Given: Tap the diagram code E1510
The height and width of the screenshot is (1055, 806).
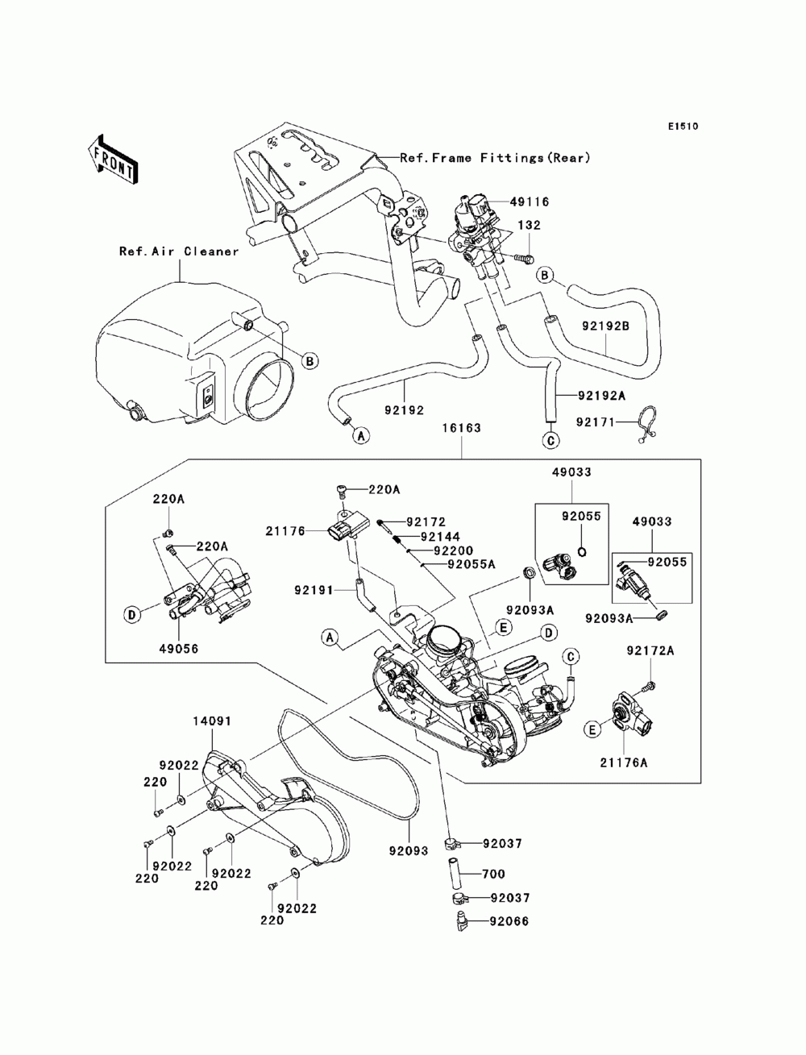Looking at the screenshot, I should (681, 127).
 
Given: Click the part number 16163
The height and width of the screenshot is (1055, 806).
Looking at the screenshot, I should (461, 429).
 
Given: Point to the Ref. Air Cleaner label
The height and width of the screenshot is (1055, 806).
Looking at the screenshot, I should (179, 251).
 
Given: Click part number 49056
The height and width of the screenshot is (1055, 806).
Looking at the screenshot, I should (179, 648).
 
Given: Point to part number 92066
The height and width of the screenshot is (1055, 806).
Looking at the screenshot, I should (506, 920).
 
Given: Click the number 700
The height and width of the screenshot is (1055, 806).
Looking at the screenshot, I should (492, 874).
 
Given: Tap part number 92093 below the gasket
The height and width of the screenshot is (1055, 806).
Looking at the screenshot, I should (408, 849).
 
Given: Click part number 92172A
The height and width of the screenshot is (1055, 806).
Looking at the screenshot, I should (651, 650).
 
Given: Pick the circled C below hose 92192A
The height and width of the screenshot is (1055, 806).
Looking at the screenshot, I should (550, 440).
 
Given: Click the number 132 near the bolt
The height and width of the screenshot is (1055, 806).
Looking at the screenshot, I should (530, 226).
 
